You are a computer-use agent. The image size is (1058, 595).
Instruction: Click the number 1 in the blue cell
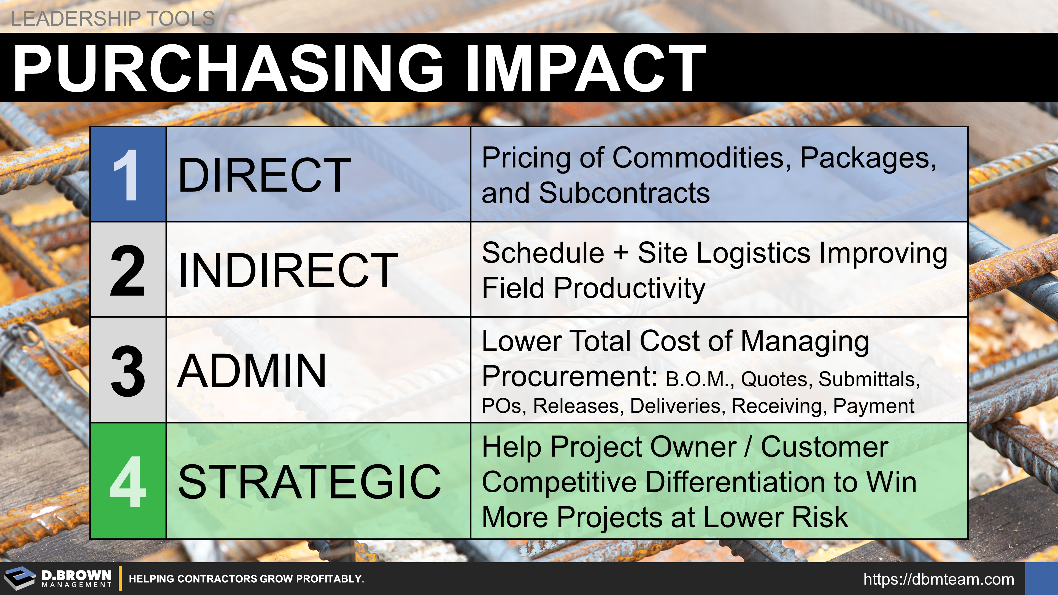click(x=126, y=175)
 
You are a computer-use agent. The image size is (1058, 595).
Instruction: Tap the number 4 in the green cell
click(x=128, y=481)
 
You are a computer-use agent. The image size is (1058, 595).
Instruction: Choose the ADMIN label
click(x=252, y=371)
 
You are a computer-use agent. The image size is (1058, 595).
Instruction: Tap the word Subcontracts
click(x=624, y=193)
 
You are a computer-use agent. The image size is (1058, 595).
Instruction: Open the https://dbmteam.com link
click(x=938, y=579)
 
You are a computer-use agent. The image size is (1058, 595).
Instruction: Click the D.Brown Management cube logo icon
click(x=20, y=578)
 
